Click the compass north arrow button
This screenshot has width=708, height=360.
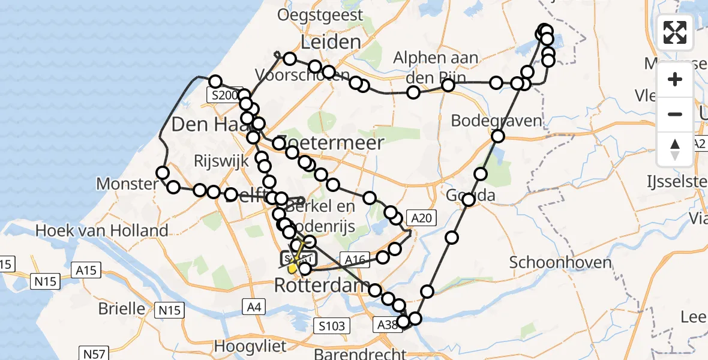(x=675, y=149)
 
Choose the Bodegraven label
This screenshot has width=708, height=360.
(x=496, y=121)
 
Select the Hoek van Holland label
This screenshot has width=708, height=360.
(x=102, y=230)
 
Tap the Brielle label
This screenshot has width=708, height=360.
(x=122, y=308)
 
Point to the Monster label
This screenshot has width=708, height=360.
(x=127, y=184)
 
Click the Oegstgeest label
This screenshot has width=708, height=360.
(x=320, y=14)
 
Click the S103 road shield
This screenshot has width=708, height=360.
(x=332, y=326)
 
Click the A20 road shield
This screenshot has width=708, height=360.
(x=419, y=218)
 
